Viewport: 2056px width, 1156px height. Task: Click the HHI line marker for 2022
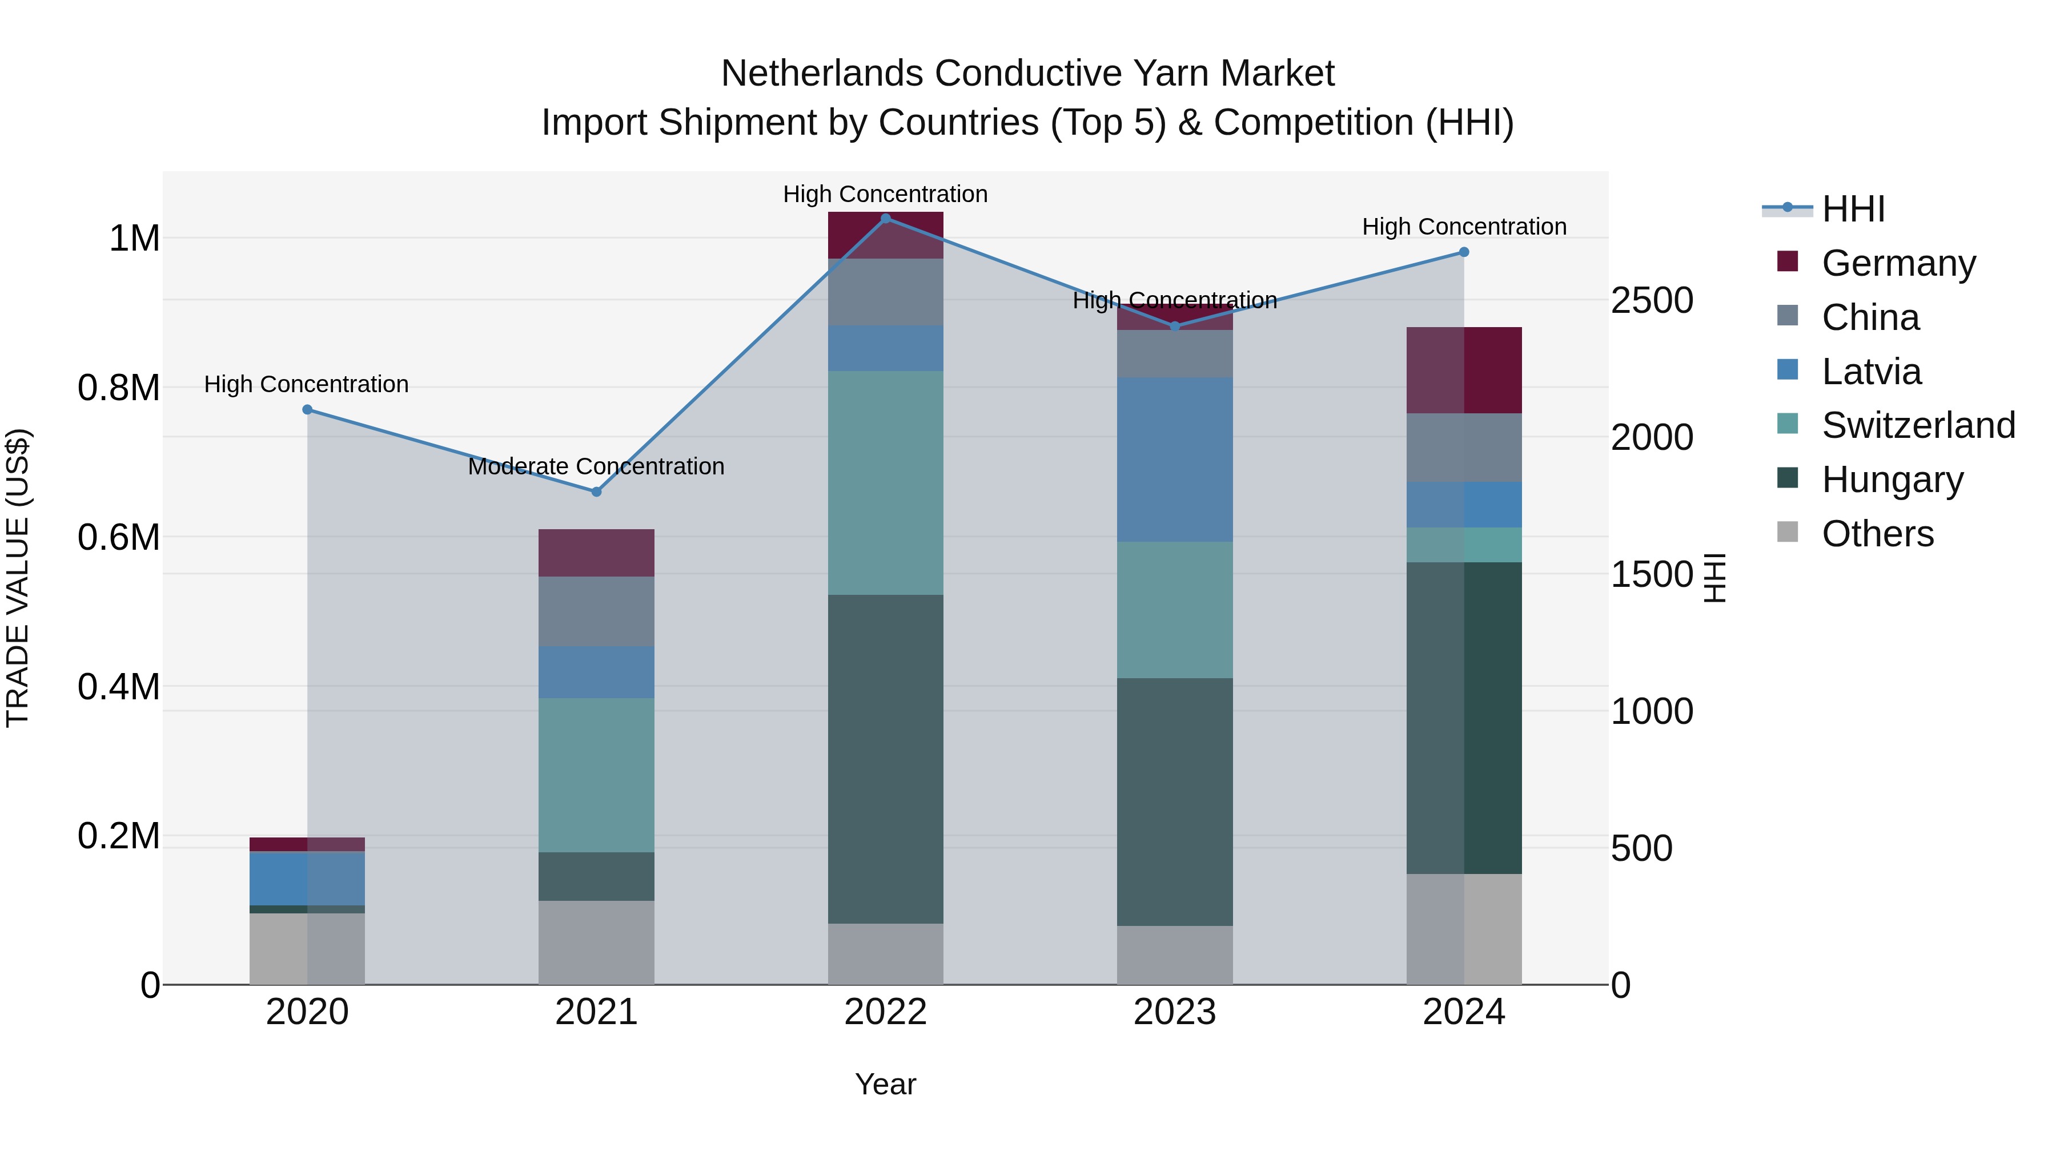coord(885,218)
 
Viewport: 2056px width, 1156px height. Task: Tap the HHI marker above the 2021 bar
coord(596,492)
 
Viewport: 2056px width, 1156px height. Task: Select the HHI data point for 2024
coord(1464,252)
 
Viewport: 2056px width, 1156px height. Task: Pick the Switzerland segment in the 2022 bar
coord(885,482)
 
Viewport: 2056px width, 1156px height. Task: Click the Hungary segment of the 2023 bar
coord(1174,802)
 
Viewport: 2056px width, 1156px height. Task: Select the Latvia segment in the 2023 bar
coord(1174,460)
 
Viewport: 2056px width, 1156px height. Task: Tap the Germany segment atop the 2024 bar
coord(1464,370)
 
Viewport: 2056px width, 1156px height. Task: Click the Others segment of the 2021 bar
coord(596,942)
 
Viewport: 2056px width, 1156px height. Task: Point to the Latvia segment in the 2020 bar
coord(307,879)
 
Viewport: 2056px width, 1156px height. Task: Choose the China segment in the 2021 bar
coord(596,611)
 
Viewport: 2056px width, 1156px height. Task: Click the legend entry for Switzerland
coord(1917,425)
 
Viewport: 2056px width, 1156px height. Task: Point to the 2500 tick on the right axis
coord(1651,301)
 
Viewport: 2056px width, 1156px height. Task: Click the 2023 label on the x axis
coord(1174,1012)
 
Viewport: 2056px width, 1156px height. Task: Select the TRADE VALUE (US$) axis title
coord(18,578)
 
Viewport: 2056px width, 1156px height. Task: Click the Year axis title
coord(885,1084)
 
